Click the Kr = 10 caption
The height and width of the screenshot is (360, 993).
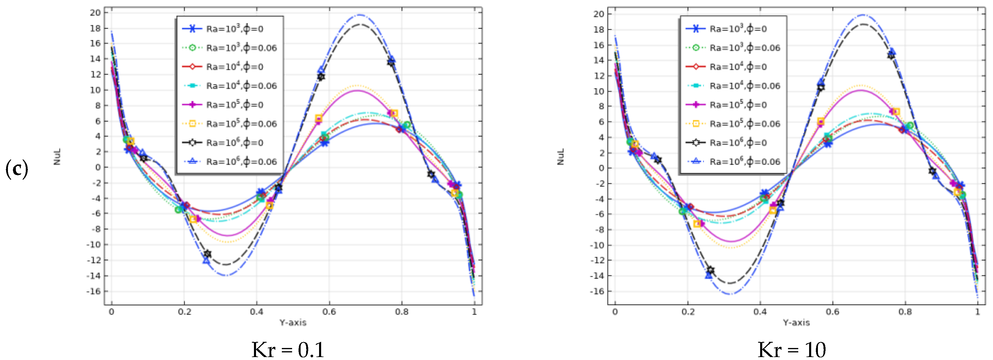pos(792,350)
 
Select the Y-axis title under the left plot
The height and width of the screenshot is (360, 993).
pos(293,322)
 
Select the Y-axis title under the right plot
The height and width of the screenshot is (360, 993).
pos(797,322)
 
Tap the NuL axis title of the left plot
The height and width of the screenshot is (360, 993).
pos(57,157)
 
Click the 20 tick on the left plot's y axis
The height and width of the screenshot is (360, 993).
pos(95,13)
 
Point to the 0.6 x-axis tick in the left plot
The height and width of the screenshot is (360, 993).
pos(329,311)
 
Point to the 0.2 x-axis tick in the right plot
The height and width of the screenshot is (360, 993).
pos(687,311)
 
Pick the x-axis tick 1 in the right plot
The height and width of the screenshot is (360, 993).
pos(977,311)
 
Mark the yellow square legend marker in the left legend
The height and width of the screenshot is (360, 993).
pos(192,124)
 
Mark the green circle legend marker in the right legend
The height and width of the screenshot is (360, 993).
pos(696,48)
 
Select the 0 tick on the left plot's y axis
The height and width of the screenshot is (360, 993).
pos(98,167)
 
